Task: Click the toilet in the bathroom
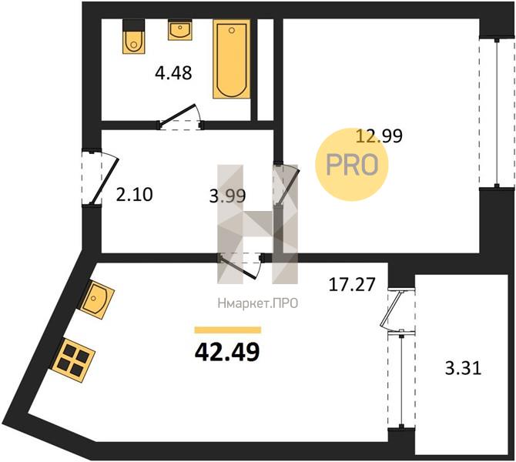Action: (x=133, y=36)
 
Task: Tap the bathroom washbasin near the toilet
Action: (x=179, y=29)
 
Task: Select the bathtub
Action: (x=231, y=59)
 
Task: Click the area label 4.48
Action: (x=173, y=73)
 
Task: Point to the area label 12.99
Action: (x=380, y=136)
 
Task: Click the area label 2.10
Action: (x=134, y=194)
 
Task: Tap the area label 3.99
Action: (x=227, y=196)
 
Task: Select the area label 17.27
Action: (x=352, y=284)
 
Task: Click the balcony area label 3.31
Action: (x=464, y=368)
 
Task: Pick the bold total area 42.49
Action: (x=227, y=352)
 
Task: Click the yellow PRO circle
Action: (x=352, y=165)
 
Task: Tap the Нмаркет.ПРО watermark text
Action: (x=258, y=303)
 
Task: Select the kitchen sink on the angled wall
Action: (x=97, y=300)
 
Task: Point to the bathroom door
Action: (x=181, y=118)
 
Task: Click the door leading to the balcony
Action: (x=396, y=310)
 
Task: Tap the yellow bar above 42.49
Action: (x=228, y=330)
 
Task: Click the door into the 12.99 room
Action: (x=286, y=183)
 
